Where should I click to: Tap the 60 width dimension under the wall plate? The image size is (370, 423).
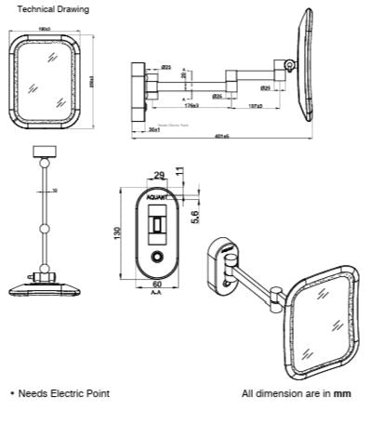(156, 284)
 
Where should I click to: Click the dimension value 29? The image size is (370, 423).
(158, 175)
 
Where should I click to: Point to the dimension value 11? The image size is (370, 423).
(180, 174)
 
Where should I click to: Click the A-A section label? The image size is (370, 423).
(156, 292)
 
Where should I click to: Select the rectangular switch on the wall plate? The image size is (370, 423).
(157, 225)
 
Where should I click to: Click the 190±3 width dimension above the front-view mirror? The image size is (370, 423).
(46, 29)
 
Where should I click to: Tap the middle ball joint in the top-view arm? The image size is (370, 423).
(43, 226)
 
